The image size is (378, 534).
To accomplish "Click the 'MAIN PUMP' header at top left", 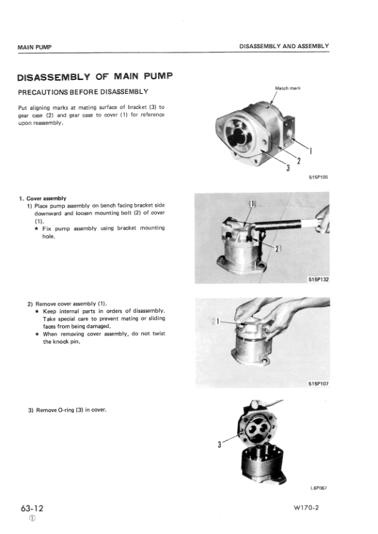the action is (x=34, y=47).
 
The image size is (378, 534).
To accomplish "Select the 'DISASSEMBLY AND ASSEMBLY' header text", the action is (x=284, y=46).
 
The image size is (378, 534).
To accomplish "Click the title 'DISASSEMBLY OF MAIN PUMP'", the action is (x=95, y=77).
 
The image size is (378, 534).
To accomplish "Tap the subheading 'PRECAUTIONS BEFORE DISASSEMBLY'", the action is (x=83, y=92).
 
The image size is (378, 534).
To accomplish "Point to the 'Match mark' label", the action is (x=288, y=88).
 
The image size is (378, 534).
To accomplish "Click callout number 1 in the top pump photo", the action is (x=311, y=150).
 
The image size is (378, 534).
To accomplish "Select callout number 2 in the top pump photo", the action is (x=299, y=160).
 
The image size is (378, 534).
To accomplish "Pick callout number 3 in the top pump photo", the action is (x=288, y=167).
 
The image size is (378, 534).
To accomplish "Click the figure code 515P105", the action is (x=318, y=177).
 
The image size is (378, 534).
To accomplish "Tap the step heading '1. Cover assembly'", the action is (x=43, y=199).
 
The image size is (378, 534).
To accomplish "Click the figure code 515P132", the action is (x=318, y=280).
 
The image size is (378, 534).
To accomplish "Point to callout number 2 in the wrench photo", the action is (x=277, y=249).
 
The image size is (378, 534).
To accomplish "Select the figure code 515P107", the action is (x=318, y=384).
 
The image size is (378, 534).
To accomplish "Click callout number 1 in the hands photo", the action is (x=218, y=321).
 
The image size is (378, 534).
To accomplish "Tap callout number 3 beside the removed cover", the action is (x=219, y=445).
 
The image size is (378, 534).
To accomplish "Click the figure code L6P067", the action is (x=319, y=488).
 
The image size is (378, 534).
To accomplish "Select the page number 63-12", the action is (x=32, y=508).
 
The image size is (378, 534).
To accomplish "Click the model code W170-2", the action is (x=306, y=508).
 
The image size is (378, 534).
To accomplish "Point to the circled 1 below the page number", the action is (x=32, y=518).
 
